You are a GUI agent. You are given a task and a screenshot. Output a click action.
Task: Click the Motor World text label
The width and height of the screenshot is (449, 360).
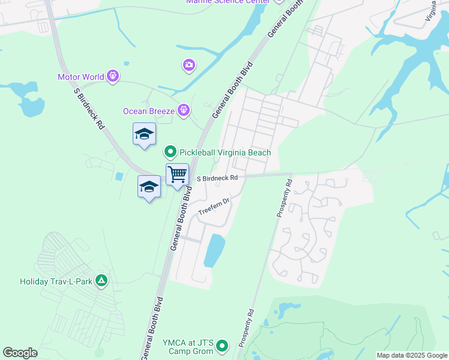click(81, 77)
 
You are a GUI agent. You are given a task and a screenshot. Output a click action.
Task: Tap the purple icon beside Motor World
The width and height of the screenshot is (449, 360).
click(113, 76)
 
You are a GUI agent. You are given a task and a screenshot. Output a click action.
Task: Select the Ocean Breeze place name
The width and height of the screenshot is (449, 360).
click(149, 111)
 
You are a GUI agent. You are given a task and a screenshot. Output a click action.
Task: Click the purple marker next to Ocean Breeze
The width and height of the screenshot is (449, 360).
click(184, 110)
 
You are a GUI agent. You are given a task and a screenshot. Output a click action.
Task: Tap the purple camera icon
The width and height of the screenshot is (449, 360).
click(189, 64)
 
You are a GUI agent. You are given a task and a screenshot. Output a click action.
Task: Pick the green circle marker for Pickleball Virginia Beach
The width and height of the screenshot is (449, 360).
click(170, 152)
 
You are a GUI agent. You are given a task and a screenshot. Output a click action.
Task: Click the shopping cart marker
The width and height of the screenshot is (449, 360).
click(177, 175)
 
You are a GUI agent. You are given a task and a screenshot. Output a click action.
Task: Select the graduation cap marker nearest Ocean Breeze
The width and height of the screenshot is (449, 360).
click(144, 134)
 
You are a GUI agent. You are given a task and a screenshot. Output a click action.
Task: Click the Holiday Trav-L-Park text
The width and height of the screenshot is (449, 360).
click(58, 281)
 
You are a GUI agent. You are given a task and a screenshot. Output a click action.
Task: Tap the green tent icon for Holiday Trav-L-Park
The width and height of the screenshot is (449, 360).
click(102, 280)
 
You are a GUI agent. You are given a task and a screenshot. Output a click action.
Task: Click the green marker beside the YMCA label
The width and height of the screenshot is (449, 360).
click(223, 345)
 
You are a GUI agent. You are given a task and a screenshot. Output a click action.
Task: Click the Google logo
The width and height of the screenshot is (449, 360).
click(20, 353)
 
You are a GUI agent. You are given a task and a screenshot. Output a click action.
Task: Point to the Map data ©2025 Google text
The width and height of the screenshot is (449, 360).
click(411, 355)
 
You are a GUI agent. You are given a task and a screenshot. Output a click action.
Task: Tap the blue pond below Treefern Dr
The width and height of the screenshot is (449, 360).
click(214, 250)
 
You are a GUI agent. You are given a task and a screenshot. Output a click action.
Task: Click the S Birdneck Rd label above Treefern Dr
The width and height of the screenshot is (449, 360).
click(217, 178)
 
